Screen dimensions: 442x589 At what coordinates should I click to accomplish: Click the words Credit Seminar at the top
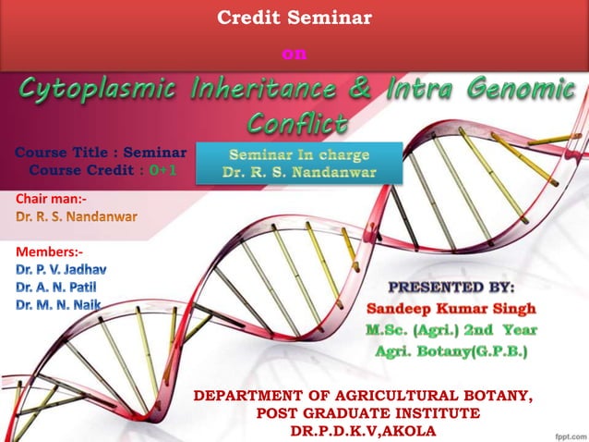(294, 17)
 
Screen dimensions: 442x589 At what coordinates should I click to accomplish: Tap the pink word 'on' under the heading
(294, 55)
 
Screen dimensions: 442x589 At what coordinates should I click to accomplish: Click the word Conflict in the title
(297, 122)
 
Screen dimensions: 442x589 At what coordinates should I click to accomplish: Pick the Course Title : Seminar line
(102, 152)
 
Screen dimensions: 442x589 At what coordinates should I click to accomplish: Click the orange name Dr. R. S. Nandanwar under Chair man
(76, 217)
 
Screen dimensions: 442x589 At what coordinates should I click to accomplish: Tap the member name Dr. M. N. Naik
(57, 305)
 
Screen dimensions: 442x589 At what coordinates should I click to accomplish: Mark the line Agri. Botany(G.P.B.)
(451, 350)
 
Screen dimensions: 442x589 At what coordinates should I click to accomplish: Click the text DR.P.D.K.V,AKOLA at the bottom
(362, 430)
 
